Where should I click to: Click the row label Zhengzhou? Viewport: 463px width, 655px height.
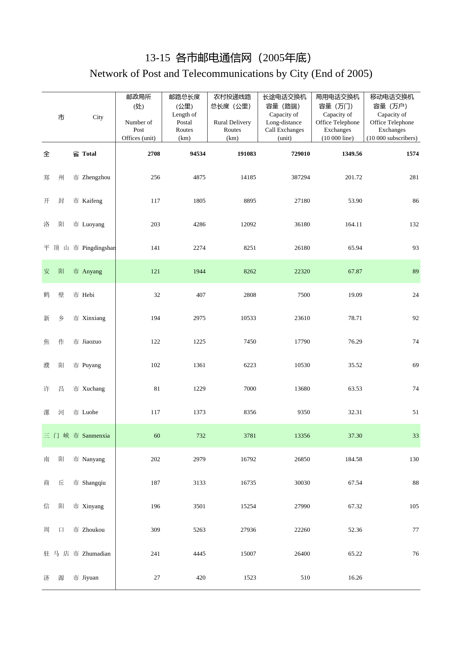(x=96, y=177)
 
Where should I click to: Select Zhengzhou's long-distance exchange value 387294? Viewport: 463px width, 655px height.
(x=300, y=177)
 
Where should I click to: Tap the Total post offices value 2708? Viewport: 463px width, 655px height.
(x=153, y=154)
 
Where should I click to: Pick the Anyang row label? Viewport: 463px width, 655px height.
(x=92, y=271)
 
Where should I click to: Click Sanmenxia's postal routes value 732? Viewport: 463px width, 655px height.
(x=201, y=436)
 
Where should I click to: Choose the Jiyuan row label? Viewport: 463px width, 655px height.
(x=90, y=578)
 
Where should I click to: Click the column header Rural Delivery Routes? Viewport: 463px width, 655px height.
(x=232, y=126)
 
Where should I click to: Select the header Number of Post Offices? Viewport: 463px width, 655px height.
(x=139, y=130)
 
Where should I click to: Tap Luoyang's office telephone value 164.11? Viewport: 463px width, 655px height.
(x=353, y=224)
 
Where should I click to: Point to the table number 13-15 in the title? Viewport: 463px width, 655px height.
(x=157, y=58)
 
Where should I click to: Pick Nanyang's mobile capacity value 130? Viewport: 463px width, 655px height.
(x=414, y=459)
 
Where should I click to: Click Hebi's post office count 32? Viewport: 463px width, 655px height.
(x=157, y=295)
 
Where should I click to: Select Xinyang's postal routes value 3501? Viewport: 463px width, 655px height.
(x=199, y=506)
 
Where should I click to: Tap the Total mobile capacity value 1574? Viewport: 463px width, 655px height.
(x=412, y=154)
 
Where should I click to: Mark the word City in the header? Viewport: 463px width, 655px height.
(x=98, y=117)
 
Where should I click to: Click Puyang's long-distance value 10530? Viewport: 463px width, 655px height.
(x=302, y=365)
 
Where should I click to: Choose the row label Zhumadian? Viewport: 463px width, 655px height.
(x=96, y=554)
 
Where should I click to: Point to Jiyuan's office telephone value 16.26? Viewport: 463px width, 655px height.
(x=355, y=578)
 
